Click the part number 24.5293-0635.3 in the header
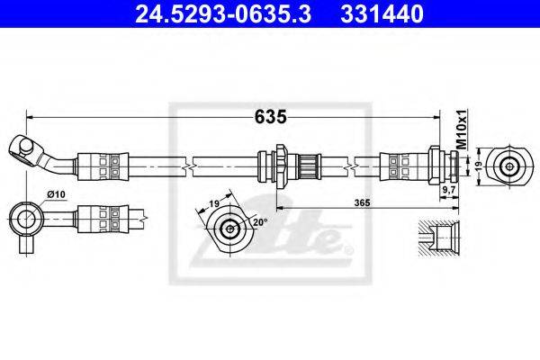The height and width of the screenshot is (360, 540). point(223,14)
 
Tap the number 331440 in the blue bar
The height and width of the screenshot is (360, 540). point(382,14)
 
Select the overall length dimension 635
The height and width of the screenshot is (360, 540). point(271,117)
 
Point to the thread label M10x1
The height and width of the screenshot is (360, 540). point(462,130)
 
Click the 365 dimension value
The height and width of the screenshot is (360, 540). point(363,202)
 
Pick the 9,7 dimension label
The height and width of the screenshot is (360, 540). point(448,189)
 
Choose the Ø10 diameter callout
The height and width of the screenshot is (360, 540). point(56,194)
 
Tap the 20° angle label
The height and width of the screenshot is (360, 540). point(260,222)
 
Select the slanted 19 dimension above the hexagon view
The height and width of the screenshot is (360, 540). point(214,203)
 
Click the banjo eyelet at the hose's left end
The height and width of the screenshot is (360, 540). point(22,150)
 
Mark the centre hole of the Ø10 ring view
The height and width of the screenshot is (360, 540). point(26,220)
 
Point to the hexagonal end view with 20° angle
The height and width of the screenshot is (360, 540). point(229,229)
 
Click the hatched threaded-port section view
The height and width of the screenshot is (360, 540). point(439,238)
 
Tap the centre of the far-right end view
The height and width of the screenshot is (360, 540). point(508,166)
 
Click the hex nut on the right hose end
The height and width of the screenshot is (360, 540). point(434,166)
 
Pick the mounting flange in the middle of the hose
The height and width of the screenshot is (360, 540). point(282,166)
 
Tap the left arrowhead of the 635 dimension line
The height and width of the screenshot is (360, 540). point(29,118)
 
